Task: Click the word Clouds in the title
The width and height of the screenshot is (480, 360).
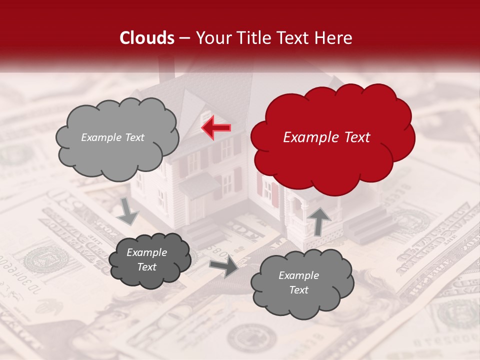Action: pos(147,37)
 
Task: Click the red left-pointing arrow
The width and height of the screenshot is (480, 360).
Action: pos(216,127)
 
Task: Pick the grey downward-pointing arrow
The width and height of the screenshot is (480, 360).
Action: pos(128,211)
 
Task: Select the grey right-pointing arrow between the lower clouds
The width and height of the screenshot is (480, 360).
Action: pos(223,266)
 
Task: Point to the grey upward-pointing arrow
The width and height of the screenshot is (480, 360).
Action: pos(319,220)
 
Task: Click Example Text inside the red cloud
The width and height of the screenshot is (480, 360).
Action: pos(326,137)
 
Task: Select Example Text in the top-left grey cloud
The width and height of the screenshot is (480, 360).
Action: pos(112,137)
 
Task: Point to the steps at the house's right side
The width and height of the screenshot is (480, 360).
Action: pos(367,227)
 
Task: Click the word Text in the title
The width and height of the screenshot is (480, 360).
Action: pos(295,37)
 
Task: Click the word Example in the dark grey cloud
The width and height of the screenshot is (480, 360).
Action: pos(146,252)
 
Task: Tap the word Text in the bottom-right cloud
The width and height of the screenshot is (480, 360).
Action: pos(298,290)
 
